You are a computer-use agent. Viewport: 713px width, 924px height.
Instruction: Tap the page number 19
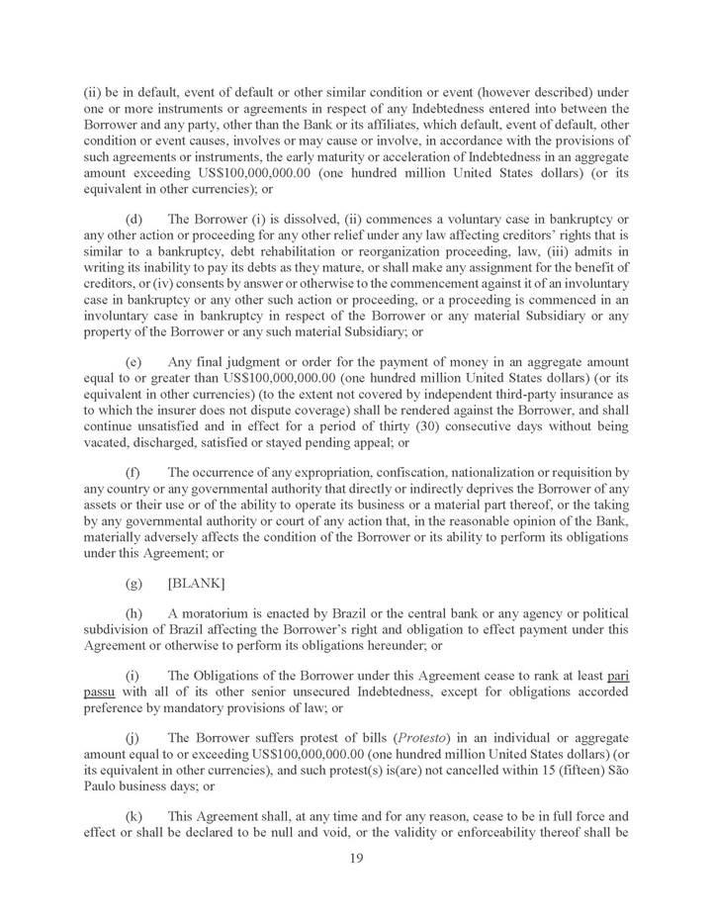(356, 859)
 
